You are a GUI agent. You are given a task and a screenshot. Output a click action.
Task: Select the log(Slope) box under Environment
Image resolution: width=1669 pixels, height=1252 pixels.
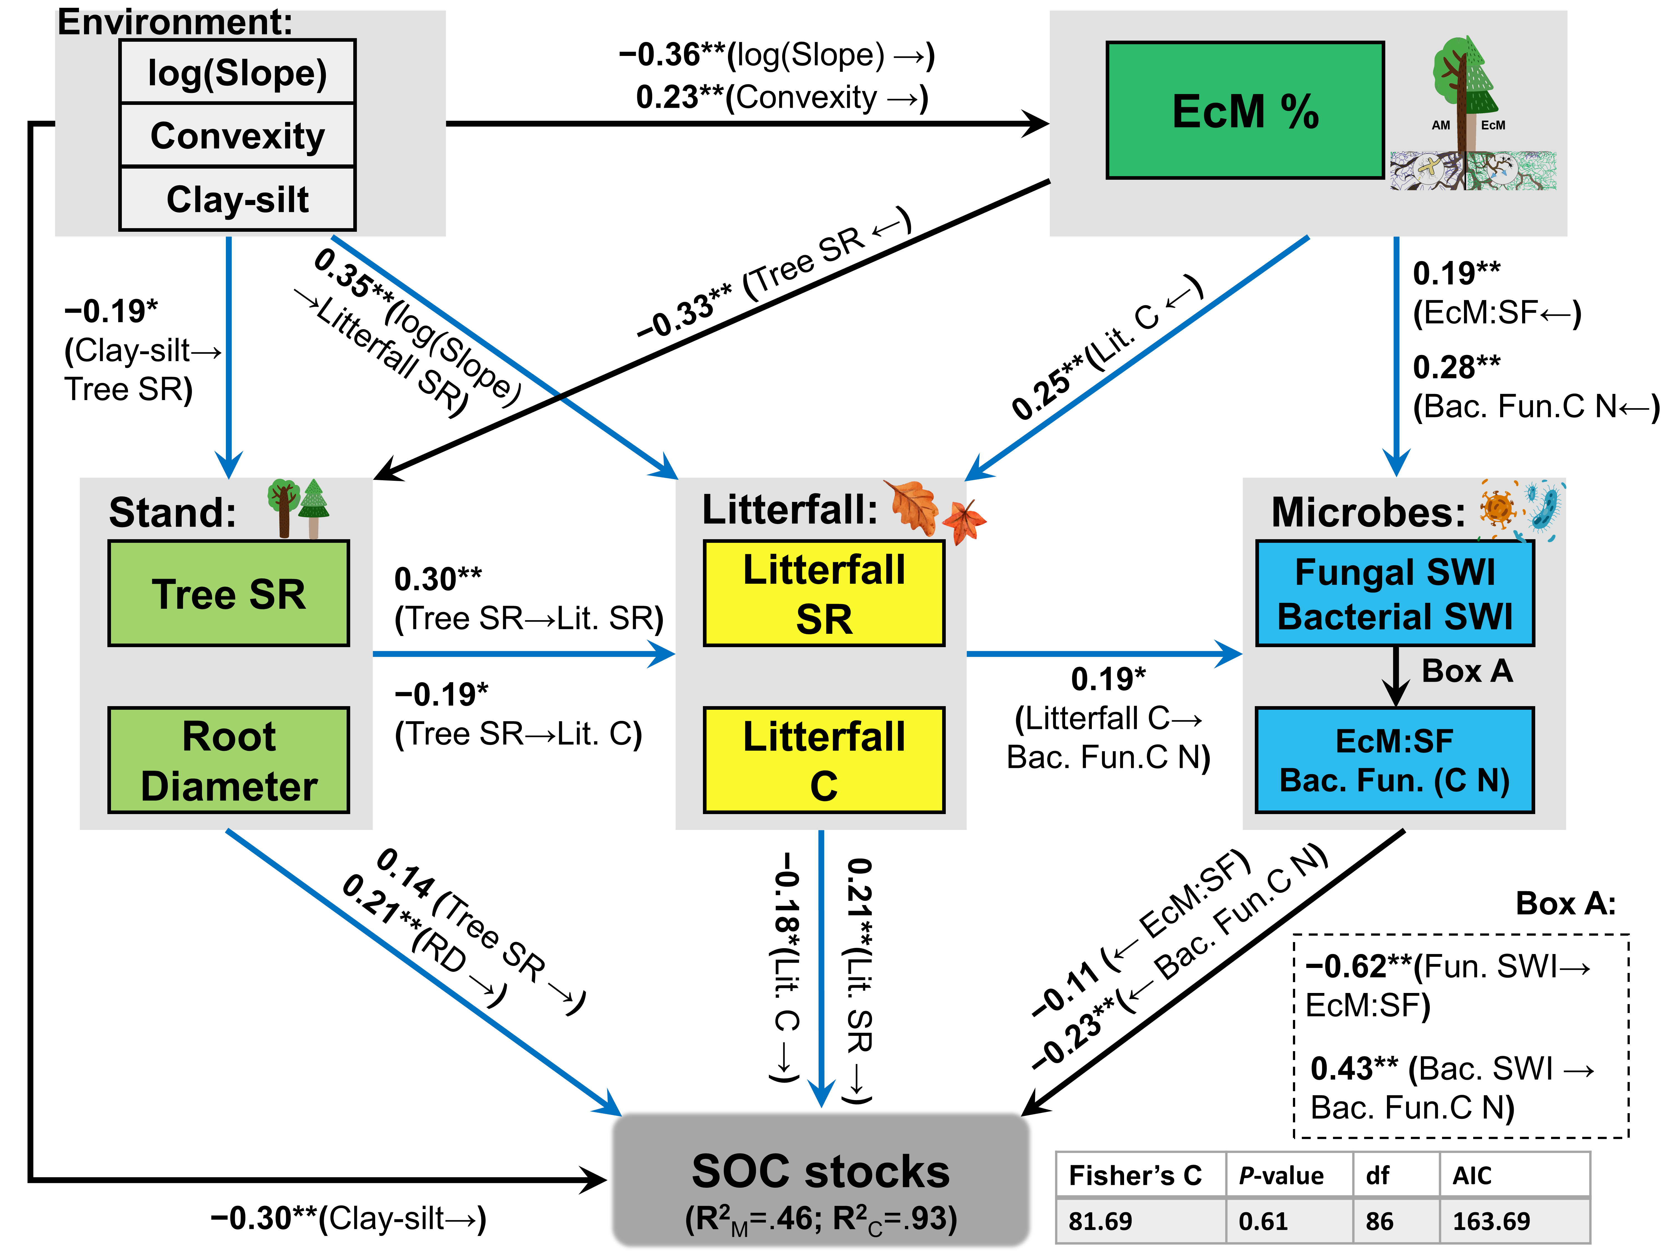click(237, 72)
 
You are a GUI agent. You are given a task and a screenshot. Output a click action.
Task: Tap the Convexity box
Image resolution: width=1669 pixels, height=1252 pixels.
click(237, 136)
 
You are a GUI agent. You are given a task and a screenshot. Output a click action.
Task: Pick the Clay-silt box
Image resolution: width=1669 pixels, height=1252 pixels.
click(237, 199)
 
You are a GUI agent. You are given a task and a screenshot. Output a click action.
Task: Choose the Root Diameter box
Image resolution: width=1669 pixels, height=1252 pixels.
click(229, 760)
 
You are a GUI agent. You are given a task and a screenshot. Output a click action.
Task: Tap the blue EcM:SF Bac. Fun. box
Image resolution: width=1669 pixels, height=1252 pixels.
click(1394, 760)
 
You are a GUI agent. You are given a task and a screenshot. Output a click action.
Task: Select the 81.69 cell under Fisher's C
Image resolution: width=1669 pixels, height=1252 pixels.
click(1100, 1221)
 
